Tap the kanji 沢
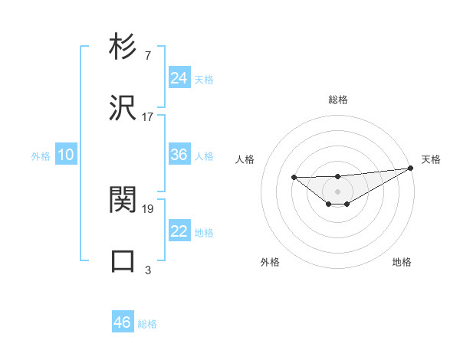pos(123,108)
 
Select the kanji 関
pos(123,201)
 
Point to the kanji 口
pos(123,261)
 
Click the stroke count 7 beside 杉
pos(147,55)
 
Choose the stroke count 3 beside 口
pos(147,270)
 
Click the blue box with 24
pos(179,78)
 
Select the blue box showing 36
pos(179,155)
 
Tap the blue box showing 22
pos(179,231)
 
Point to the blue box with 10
pos(65,155)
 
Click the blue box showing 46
pos(122,322)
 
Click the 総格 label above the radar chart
pos(337,100)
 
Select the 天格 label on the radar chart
pos(431,159)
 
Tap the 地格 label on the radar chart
pos(402,262)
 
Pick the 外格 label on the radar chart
pos(270,262)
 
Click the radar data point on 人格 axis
pos(294,178)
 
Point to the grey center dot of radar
pos(337,191)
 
